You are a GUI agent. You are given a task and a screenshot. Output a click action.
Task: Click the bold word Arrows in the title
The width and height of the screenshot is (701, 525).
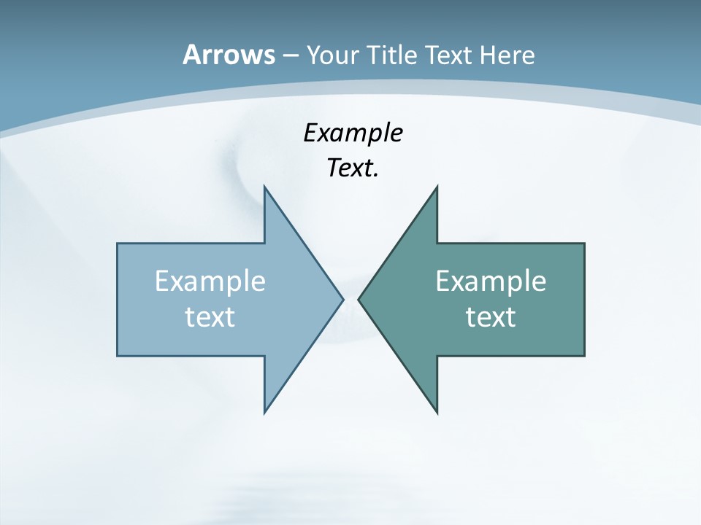pyautogui.click(x=228, y=55)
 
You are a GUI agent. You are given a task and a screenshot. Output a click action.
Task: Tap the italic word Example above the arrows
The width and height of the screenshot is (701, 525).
pyautogui.click(x=353, y=133)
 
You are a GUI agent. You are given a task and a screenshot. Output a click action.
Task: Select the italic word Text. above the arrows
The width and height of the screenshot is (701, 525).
pyautogui.click(x=353, y=168)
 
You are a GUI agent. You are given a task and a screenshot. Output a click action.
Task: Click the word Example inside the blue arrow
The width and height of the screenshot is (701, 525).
pyautogui.click(x=210, y=281)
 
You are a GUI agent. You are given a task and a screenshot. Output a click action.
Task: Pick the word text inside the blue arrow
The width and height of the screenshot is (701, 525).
pyautogui.click(x=210, y=316)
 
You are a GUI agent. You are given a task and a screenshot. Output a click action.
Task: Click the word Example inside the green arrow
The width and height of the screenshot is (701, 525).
pyautogui.click(x=491, y=281)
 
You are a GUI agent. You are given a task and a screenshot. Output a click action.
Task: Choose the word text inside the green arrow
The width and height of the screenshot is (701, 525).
pyautogui.click(x=491, y=316)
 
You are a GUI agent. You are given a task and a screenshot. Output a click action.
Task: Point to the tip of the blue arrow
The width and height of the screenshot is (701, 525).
pyautogui.click(x=343, y=299)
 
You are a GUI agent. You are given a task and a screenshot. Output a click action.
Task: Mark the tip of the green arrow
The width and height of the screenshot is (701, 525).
pyautogui.click(x=358, y=299)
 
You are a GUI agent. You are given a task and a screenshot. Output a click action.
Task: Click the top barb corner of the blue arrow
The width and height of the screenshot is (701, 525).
pyautogui.click(x=264, y=186)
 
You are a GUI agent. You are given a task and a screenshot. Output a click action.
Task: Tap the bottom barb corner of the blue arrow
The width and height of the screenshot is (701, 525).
pyautogui.click(x=264, y=413)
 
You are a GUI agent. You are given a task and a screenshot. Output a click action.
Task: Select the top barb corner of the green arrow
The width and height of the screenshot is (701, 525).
pyautogui.click(x=437, y=186)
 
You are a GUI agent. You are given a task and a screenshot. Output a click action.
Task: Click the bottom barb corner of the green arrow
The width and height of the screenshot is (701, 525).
pyautogui.click(x=437, y=413)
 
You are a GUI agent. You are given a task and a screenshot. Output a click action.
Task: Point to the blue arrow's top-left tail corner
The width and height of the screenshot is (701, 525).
pyautogui.click(x=118, y=244)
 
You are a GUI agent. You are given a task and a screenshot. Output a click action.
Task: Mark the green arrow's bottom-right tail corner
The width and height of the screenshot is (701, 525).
pyautogui.click(x=584, y=356)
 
